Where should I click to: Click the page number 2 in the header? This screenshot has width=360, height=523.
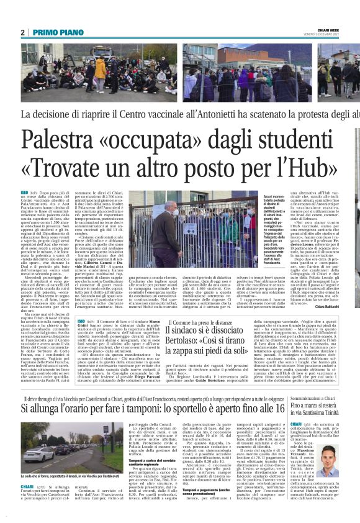click(x=23, y=32)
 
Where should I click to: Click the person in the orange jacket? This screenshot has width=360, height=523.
click(x=100, y=68)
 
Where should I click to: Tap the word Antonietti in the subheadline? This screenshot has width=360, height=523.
click(x=243, y=114)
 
